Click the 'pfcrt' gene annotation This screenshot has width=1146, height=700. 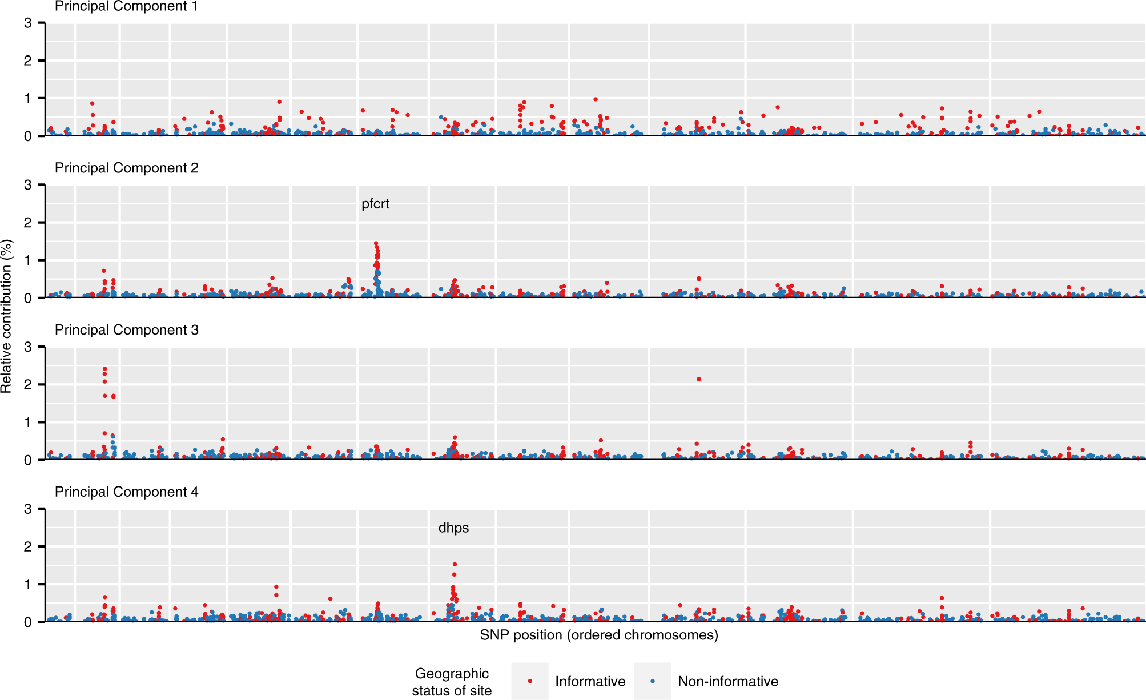(x=375, y=204)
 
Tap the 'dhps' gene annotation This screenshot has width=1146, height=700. (x=453, y=528)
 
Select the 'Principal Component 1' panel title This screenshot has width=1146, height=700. (x=126, y=7)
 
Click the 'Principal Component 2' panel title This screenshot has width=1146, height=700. (x=126, y=168)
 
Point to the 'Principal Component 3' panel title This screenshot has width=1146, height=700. (x=126, y=330)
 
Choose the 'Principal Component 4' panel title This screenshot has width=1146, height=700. (x=126, y=492)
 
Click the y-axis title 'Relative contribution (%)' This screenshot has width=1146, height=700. (x=6, y=316)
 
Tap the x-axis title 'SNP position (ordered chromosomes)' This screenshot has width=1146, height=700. (x=599, y=635)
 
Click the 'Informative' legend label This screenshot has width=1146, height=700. (x=590, y=681)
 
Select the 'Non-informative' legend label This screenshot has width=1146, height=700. (x=727, y=681)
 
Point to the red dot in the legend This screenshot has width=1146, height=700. (x=530, y=681)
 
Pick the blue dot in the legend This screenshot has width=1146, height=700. (x=653, y=681)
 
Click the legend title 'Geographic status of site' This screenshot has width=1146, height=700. (x=452, y=682)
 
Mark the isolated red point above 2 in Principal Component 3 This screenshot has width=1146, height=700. (x=699, y=379)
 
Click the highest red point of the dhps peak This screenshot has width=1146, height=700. (x=455, y=565)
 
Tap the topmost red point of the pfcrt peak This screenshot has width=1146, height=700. (x=376, y=243)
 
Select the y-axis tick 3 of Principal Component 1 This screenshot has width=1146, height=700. (x=28, y=23)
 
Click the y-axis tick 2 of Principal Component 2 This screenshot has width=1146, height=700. (x=28, y=223)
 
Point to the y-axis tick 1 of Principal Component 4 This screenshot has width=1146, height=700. (x=28, y=585)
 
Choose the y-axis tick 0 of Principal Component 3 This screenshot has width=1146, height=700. (x=28, y=460)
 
